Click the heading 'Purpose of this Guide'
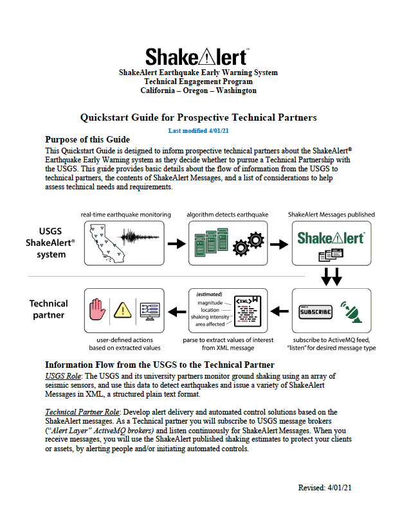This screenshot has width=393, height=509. point(87,140)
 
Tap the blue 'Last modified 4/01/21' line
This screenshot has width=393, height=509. point(198,130)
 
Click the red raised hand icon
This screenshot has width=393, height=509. point(98,309)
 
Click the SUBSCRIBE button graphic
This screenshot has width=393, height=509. point(316,312)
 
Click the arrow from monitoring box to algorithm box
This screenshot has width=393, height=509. point(172,244)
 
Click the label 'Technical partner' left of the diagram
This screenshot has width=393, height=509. point(49,309)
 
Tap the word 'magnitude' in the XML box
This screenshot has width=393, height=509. point(211,302)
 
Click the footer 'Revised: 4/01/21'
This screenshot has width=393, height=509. point(325,488)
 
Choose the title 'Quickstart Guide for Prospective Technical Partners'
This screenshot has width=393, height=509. point(198,118)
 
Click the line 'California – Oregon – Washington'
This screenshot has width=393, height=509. point(198,91)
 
